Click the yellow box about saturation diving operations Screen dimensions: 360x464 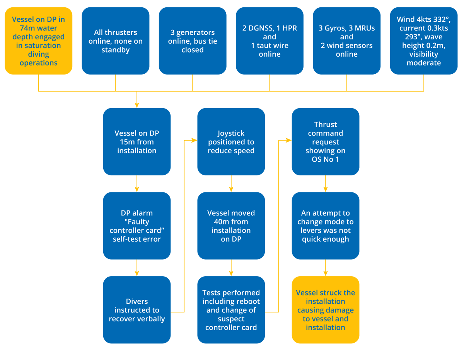coord(38,41)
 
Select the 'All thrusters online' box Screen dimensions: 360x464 coord(115,41)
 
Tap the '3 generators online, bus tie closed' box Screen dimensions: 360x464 coord(193,41)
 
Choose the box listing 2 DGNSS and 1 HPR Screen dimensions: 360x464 coord(270,41)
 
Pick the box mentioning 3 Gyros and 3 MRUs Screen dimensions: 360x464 coord(346,41)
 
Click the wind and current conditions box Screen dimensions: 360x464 coord(423,41)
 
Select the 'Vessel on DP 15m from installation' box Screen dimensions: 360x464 coord(136,142)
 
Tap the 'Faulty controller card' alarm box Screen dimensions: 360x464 coord(136,226)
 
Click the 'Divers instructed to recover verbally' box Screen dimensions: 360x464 coord(136,310)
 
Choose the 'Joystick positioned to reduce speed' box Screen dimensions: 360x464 coord(231,142)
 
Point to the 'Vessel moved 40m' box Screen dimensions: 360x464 coord(231,226)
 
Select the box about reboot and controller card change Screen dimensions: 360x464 coord(231,310)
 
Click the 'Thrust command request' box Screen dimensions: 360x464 coord(325,142)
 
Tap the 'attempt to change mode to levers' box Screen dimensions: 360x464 coord(325,226)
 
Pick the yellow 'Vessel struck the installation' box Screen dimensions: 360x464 coord(325,310)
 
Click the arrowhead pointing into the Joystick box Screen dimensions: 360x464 coord(194,141)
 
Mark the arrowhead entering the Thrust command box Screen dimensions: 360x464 coord(288,141)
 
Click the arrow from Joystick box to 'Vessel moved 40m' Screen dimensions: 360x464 coord(231,184)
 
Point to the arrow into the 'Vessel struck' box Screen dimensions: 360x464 coord(325,268)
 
